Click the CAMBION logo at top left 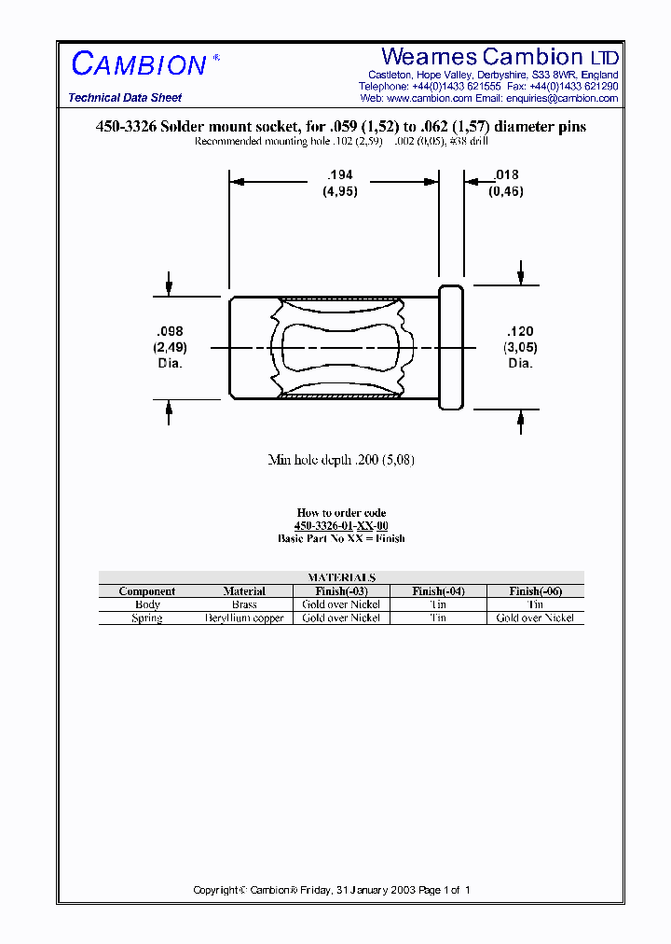click(x=139, y=64)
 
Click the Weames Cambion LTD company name click(x=500, y=56)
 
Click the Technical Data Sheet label click(x=125, y=98)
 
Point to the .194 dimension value click(x=340, y=175)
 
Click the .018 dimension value click(x=506, y=175)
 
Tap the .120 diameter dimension click(x=520, y=332)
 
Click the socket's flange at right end click(x=451, y=348)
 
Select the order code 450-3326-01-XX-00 click(x=341, y=526)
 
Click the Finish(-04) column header click(x=438, y=591)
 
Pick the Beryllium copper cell click(x=244, y=618)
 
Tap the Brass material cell click(x=244, y=604)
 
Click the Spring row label click(x=147, y=618)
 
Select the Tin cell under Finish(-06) click(x=535, y=604)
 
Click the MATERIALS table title click(x=341, y=577)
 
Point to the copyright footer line click(x=332, y=890)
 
